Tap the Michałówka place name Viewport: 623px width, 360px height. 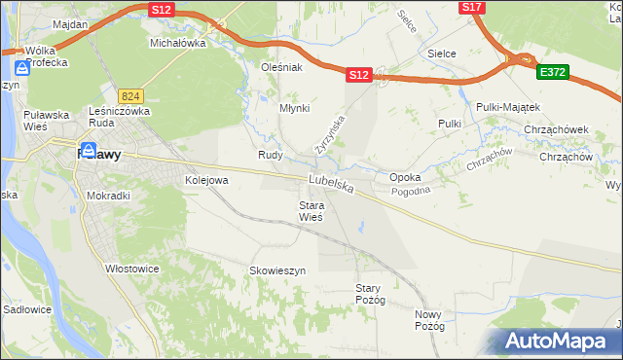click(177, 44)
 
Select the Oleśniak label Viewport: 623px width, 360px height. click(282, 67)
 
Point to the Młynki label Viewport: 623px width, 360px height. click(294, 109)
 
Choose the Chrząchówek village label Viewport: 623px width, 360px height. click(556, 129)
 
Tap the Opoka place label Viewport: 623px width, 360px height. click(405, 178)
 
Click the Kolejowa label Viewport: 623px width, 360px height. click(206, 180)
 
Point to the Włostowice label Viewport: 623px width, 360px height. click(132, 269)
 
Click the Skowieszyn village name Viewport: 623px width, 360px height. click(277, 270)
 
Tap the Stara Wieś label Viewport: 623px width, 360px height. click(311, 211)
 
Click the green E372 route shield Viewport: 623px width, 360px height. click(552, 71)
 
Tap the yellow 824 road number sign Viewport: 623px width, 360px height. click(131, 96)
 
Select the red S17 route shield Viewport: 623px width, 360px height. click(471, 7)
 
